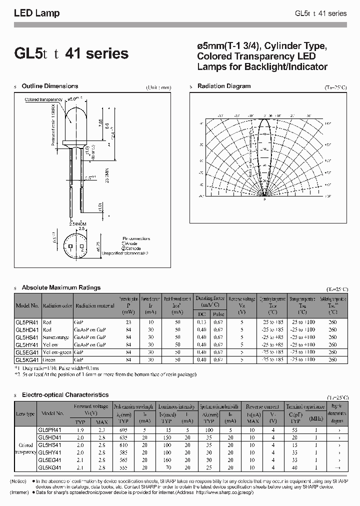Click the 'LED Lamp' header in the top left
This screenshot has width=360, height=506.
coord(36,13)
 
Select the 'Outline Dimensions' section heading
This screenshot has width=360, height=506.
coord(50,86)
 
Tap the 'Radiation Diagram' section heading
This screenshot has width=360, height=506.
coord(224,86)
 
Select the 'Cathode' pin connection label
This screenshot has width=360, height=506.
coord(131,248)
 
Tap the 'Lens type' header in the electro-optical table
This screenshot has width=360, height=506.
coord(25,413)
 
